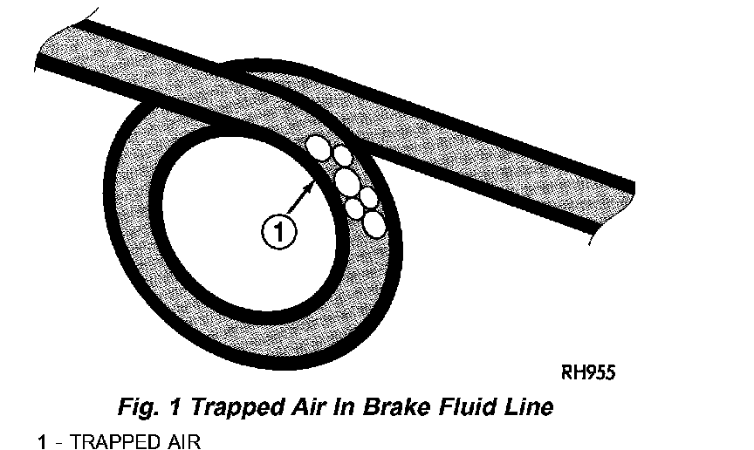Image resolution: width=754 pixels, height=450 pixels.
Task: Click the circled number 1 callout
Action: point(278,232)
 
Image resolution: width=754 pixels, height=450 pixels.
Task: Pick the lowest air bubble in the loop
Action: point(374,224)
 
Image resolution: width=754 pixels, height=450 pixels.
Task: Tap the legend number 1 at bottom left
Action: point(41,442)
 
